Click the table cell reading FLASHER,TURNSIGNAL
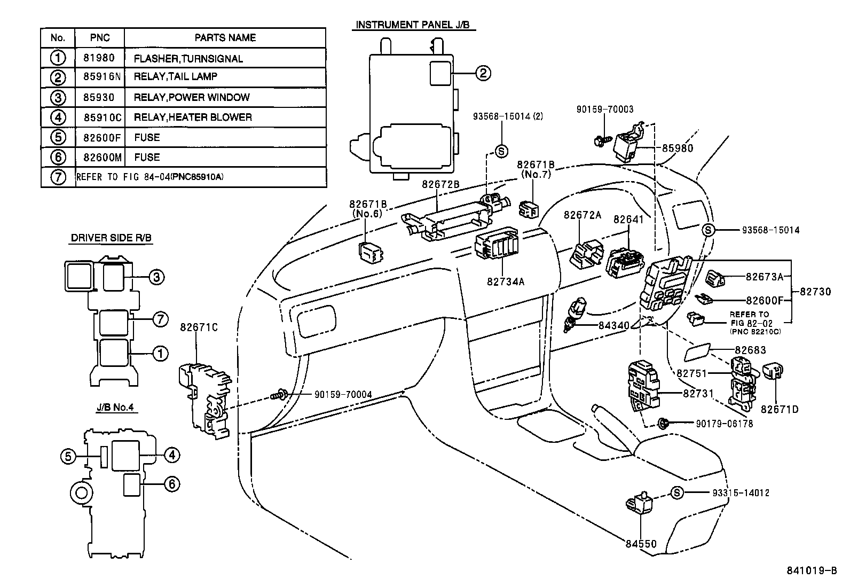click(188, 59)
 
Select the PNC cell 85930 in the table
click(99, 98)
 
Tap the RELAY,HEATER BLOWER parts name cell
click(192, 117)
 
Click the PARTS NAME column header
click(225, 38)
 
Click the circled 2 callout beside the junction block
click(482, 73)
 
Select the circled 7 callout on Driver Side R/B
click(160, 319)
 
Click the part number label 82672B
click(441, 184)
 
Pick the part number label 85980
click(677, 148)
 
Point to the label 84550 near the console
click(641, 544)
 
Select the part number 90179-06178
click(724, 423)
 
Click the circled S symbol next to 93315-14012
click(676, 492)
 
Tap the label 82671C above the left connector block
click(199, 327)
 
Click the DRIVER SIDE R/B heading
click(112, 239)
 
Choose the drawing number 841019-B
click(812, 570)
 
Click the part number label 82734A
click(505, 280)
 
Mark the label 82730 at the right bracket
click(815, 292)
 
